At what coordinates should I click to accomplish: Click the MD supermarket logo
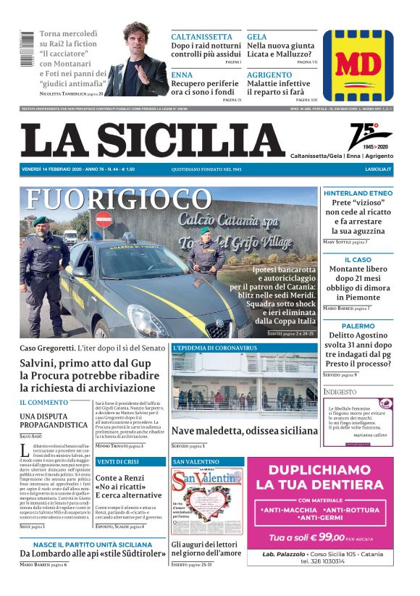click(358, 65)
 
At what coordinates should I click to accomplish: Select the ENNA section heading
click(182, 75)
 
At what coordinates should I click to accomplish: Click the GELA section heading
click(256, 37)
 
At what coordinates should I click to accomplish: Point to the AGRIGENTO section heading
click(269, 75)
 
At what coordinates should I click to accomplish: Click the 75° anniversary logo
click(369, 136)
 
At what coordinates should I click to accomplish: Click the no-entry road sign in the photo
click(104, 219)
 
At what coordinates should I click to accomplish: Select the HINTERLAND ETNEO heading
click(358, 193)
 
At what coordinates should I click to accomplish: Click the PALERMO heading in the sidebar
click(358, 326)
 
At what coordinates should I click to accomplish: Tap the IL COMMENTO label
click(44, 402)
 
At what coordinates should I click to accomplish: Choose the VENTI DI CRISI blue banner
click(130, 461)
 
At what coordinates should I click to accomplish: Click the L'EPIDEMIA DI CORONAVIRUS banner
click(215, 348)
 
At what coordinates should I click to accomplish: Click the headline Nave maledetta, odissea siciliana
click(244, 430)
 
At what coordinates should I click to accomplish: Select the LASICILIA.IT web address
click(378, 169)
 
